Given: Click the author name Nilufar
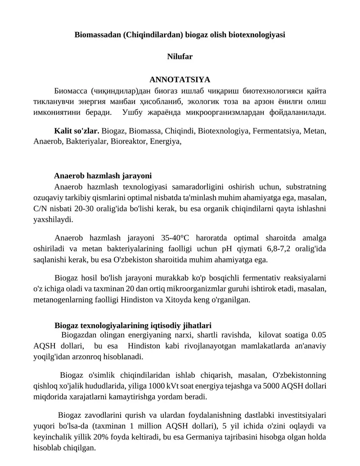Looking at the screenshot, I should click(x=180, y=57).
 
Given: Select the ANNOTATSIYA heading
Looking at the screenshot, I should click(x=180, y=80).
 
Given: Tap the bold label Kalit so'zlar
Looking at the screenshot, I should click(x=76, y=131).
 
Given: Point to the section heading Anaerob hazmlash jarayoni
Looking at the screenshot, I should click(x=103, y=176).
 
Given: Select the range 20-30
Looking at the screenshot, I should click(x=76, y=208).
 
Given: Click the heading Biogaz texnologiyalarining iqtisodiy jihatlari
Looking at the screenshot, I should click(x=133, y=325).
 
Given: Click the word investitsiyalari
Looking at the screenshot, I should click(x=298, y=415).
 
